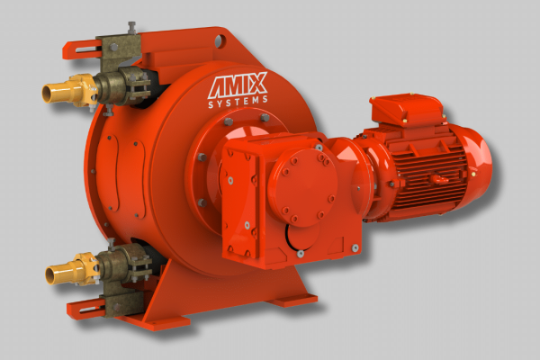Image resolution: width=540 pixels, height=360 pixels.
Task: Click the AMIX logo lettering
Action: (238, 85)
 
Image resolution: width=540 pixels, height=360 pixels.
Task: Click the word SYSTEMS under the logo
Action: (238, 102)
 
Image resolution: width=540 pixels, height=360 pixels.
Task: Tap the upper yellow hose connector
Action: (69, 90)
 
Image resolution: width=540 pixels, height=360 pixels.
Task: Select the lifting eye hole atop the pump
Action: (220, 40)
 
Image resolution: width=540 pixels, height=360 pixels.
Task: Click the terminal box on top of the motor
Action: (407, 109)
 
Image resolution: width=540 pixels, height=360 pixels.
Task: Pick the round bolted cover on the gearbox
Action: (303, 187)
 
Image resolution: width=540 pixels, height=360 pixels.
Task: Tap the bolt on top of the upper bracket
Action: (131, 27)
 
